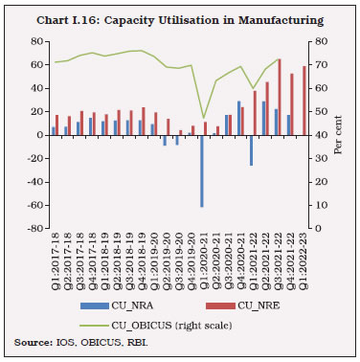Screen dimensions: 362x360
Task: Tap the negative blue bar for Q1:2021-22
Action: click(251, 150)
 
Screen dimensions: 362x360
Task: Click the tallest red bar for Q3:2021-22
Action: click(280, 97)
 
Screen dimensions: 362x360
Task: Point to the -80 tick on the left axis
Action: click(34, 229)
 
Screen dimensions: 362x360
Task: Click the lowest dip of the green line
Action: click(203, 117)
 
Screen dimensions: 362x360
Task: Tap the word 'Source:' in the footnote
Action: click(31, 342)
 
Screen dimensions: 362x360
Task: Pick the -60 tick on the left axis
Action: click(34, 205)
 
